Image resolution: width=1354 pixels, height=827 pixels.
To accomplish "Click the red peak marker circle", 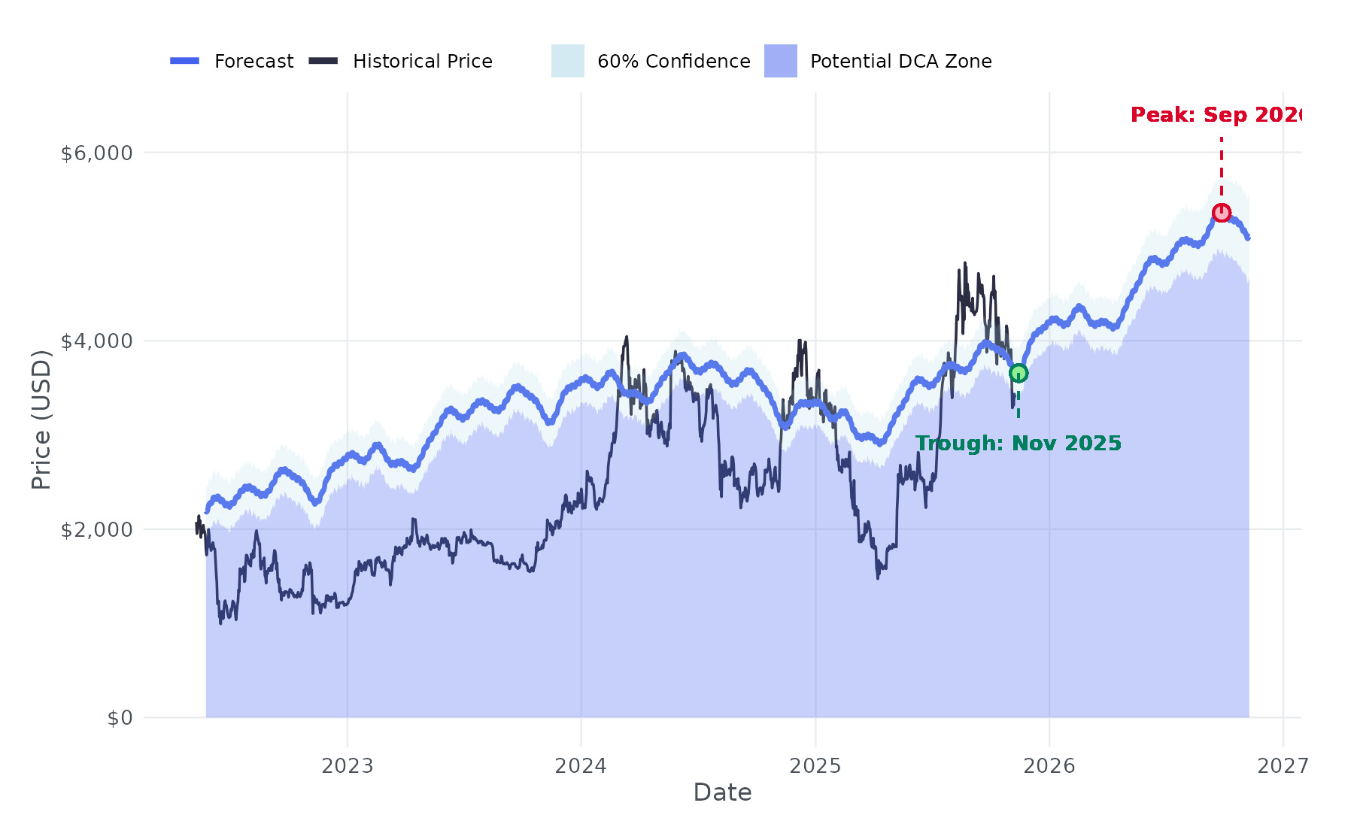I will click(1222, 213).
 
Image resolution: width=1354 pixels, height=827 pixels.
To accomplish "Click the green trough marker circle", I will click(1018, 374).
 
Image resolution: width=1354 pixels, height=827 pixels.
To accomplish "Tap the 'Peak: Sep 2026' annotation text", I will click(1216, 115).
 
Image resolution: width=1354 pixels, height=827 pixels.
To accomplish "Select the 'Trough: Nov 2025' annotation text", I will click(1019, 444).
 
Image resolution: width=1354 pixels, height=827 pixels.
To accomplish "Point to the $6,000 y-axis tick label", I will click(96, 153).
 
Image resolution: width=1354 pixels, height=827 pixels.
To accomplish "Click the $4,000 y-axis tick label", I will click(96, 341).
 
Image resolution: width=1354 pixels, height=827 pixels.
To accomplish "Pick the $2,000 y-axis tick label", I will click(96, 530).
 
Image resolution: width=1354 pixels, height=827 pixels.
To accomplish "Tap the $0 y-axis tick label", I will click(120, 718).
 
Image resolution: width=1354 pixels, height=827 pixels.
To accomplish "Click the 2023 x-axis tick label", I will click(348, 766).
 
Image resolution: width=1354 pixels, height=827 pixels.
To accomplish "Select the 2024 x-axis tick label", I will click(581, 766).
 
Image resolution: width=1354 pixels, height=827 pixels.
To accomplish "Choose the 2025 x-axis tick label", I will click(815, 766).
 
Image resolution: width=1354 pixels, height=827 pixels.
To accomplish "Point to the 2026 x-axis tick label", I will click(1049, 766).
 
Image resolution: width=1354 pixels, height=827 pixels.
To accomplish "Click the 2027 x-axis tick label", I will click(1283, 766).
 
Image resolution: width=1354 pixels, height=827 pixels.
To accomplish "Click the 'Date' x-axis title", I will click(722, 792).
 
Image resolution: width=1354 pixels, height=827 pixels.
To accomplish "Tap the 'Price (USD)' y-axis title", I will click(41, 420).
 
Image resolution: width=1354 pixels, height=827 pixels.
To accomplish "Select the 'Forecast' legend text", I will click(253, 62).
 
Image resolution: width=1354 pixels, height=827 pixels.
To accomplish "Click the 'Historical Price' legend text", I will click(423, 62).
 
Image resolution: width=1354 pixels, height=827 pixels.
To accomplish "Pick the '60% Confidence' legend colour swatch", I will click(568, 61).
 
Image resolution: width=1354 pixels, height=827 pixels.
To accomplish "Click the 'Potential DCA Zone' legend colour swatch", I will click(781, 61).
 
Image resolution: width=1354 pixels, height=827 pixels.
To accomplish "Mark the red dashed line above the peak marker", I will click(1222, 169).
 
